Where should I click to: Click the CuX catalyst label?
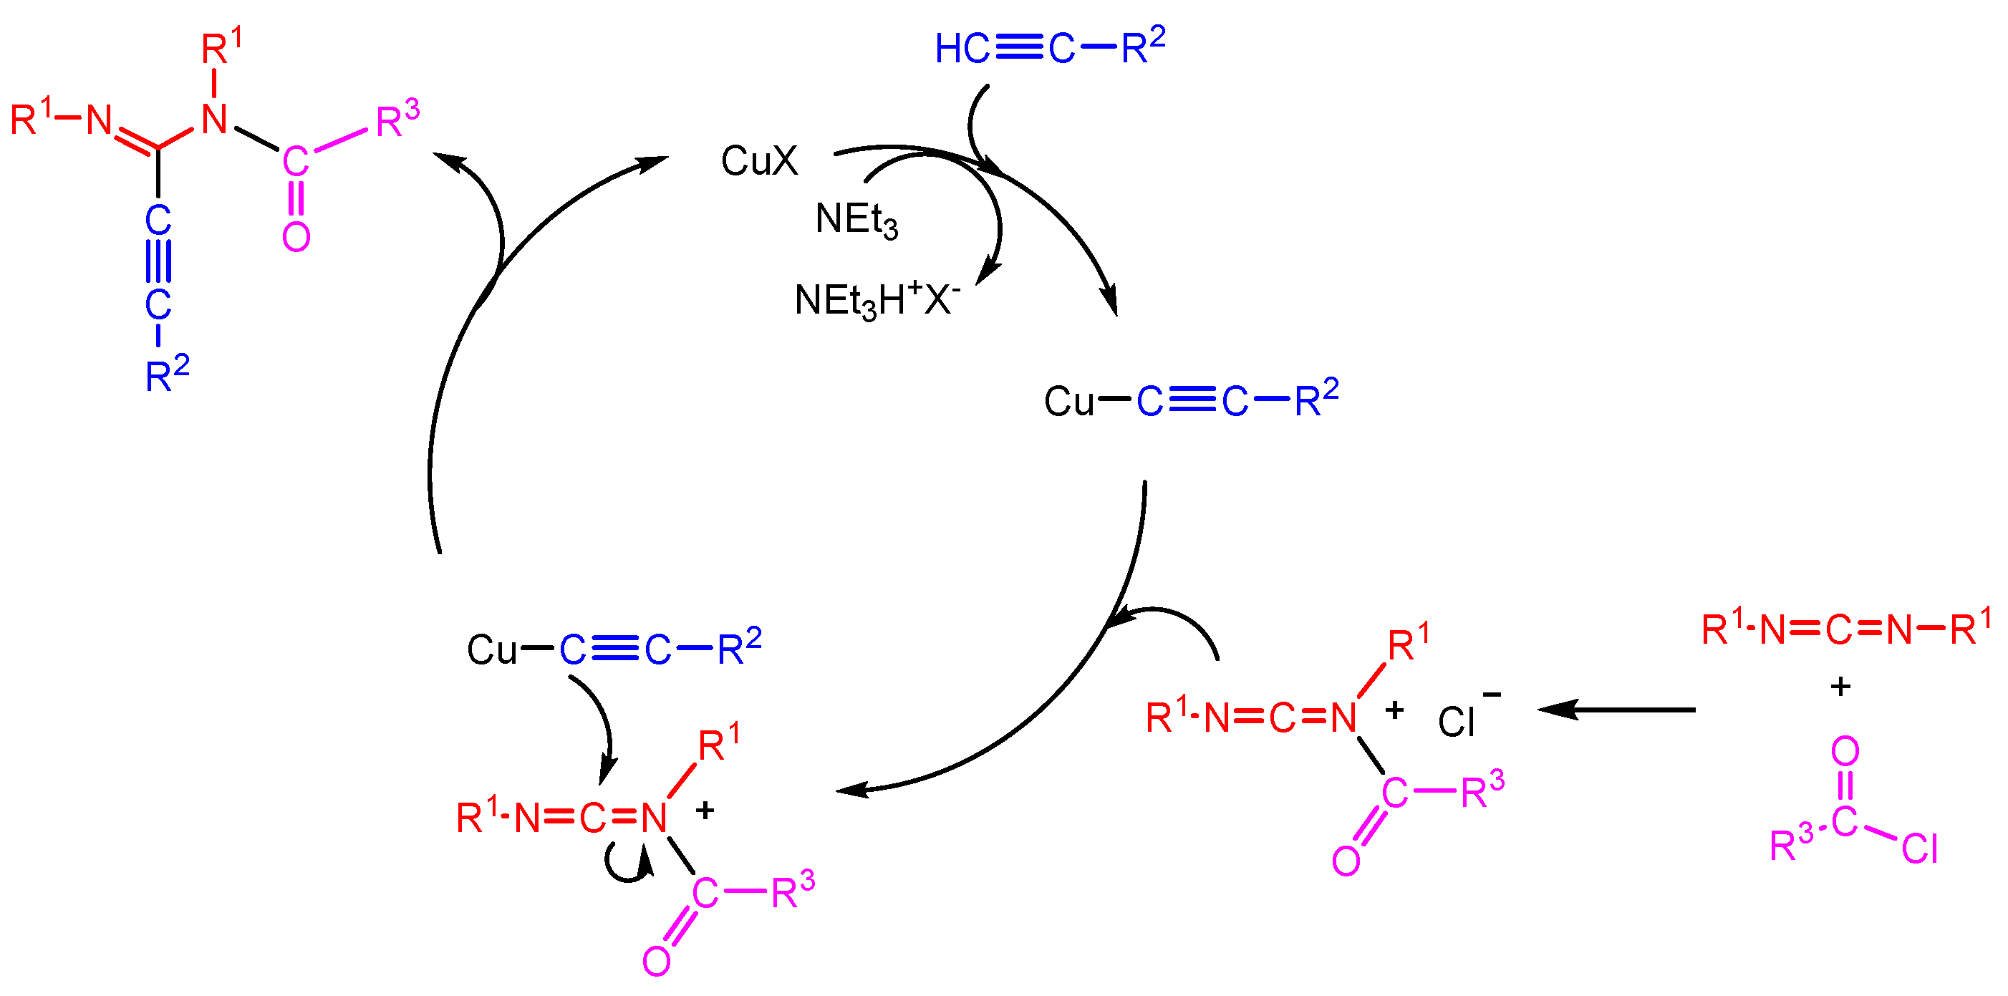(758, 161)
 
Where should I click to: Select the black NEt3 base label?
(855, 219)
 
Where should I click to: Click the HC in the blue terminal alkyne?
(961, 49)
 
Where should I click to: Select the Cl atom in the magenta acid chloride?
(1919, 848)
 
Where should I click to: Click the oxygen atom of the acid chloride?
(1845, 751)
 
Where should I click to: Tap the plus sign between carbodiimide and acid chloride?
(1840, 687)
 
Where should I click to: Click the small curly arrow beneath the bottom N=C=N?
(628, 866)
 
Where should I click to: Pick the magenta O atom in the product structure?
(296, 236)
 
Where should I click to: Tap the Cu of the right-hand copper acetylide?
(1068, 402)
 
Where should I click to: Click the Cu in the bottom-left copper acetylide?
(491, 649)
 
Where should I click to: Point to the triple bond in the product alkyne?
(158, 261)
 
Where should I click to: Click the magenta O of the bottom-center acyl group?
(657, 961)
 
